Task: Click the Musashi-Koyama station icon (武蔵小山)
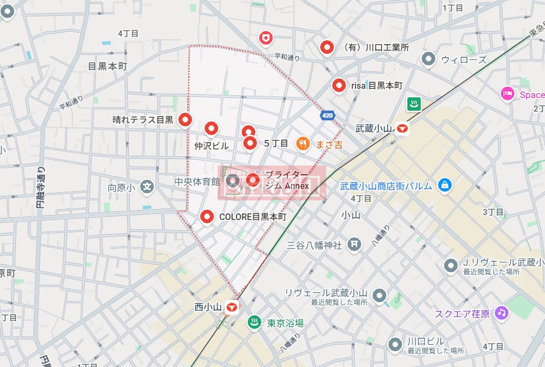(x=403, y=129)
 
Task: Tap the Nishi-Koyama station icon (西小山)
(x=232, y=307)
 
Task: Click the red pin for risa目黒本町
(x=339, y=85)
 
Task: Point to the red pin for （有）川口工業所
(x=327, y=47)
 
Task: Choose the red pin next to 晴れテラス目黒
(x=186, y=119)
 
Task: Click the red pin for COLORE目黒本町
(x=207, y=216)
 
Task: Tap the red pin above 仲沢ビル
(x=211, y=128)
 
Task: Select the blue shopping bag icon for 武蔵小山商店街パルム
(x=445, y=185)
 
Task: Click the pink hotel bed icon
(x=507, y=94)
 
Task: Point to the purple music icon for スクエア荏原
(x=502, y=313)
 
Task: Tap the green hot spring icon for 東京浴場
(x=254, y=322)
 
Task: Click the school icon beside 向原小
(x=147, y=187)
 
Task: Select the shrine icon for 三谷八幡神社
(x=355, y=244)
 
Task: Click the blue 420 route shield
(x=327, y=115)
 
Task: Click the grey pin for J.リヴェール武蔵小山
(x=451, y=265)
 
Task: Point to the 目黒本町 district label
(x=107, y=66)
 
